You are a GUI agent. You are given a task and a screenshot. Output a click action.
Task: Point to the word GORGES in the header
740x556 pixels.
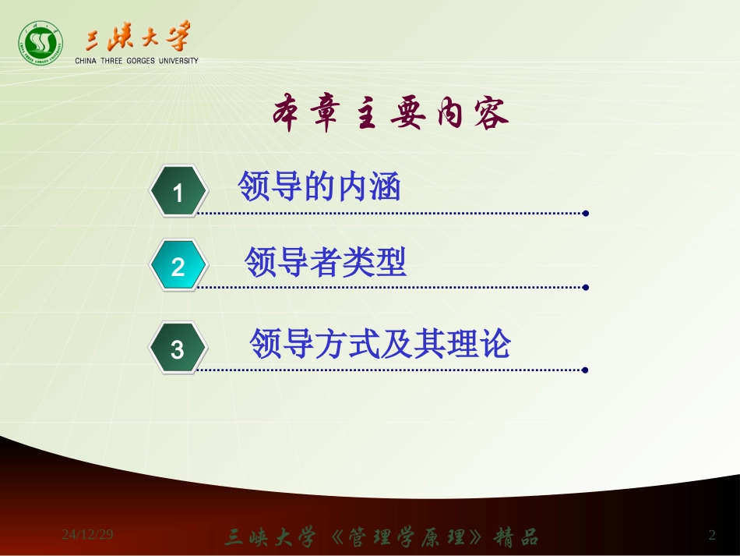(141, 61)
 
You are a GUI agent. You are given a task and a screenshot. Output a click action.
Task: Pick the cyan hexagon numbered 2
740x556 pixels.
(178, 267)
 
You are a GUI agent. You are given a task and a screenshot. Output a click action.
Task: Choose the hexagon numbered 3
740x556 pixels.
(178, 349)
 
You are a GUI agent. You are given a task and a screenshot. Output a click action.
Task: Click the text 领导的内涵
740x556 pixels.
(319, 187)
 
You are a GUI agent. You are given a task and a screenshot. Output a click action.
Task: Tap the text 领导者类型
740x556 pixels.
(326, 262)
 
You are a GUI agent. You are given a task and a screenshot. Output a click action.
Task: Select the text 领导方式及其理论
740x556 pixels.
(380, 343)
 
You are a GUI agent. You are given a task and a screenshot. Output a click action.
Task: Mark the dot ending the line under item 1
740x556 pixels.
(586, 212)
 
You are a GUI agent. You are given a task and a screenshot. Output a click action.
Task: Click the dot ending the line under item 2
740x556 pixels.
(586, 287)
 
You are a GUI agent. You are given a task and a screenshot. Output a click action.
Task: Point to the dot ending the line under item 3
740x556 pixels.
(586, 370)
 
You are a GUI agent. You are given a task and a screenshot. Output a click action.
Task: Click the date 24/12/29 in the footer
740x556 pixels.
(88, 535)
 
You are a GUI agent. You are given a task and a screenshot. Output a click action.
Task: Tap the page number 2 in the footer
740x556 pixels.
(712, 535)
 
